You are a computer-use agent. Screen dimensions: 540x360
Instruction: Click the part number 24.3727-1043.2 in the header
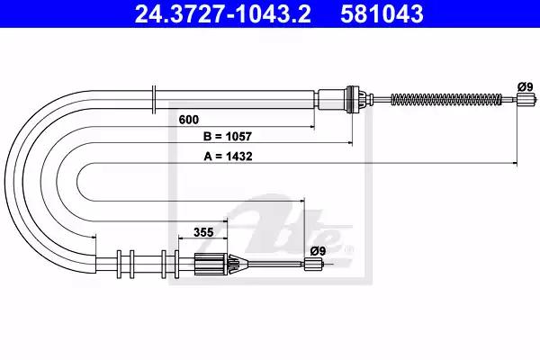(x=222, y=14)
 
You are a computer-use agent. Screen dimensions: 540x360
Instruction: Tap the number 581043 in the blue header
(x=382, y=14)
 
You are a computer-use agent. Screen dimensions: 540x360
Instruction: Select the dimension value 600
(x=189, y=120)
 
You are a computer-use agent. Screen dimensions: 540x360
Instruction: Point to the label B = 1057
(x=228, y=137)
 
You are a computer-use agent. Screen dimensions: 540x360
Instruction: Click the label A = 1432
(x=228, y=157)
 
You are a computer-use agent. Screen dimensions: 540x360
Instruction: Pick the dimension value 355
(x=203, y=232)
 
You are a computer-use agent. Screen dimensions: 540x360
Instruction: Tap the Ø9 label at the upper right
(x=526, y=86)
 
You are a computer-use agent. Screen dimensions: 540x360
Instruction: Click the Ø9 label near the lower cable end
(x=318, y=251)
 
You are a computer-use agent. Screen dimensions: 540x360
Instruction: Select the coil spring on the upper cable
(x=446, y=99)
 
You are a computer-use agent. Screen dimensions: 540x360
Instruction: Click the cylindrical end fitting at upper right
(x=526, y=99)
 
